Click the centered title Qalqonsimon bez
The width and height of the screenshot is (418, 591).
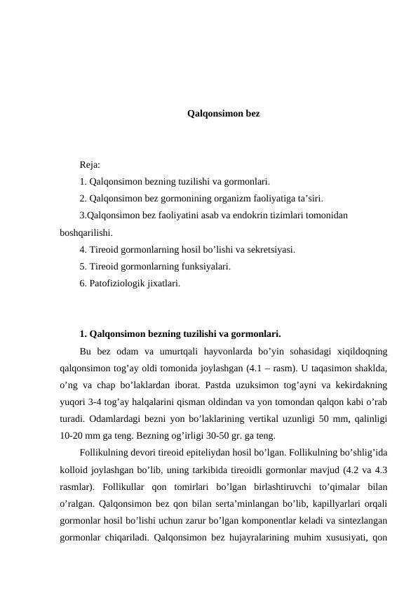[224, 112]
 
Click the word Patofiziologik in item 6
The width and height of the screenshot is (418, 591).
[116, 283]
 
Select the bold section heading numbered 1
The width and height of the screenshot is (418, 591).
[180, 333]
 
